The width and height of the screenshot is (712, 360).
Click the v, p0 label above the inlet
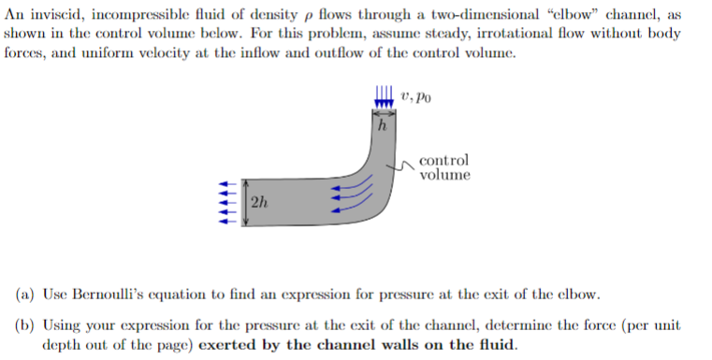(414, 95)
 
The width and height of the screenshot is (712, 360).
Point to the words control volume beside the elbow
(444, 167)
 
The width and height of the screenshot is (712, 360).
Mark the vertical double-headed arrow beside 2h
(245, 203)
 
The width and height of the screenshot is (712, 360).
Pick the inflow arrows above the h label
(381, 99)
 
